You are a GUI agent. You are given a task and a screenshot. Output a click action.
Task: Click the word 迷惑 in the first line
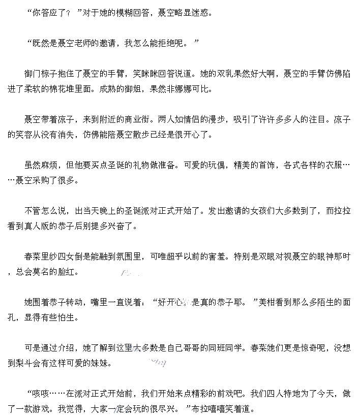[199, 13]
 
